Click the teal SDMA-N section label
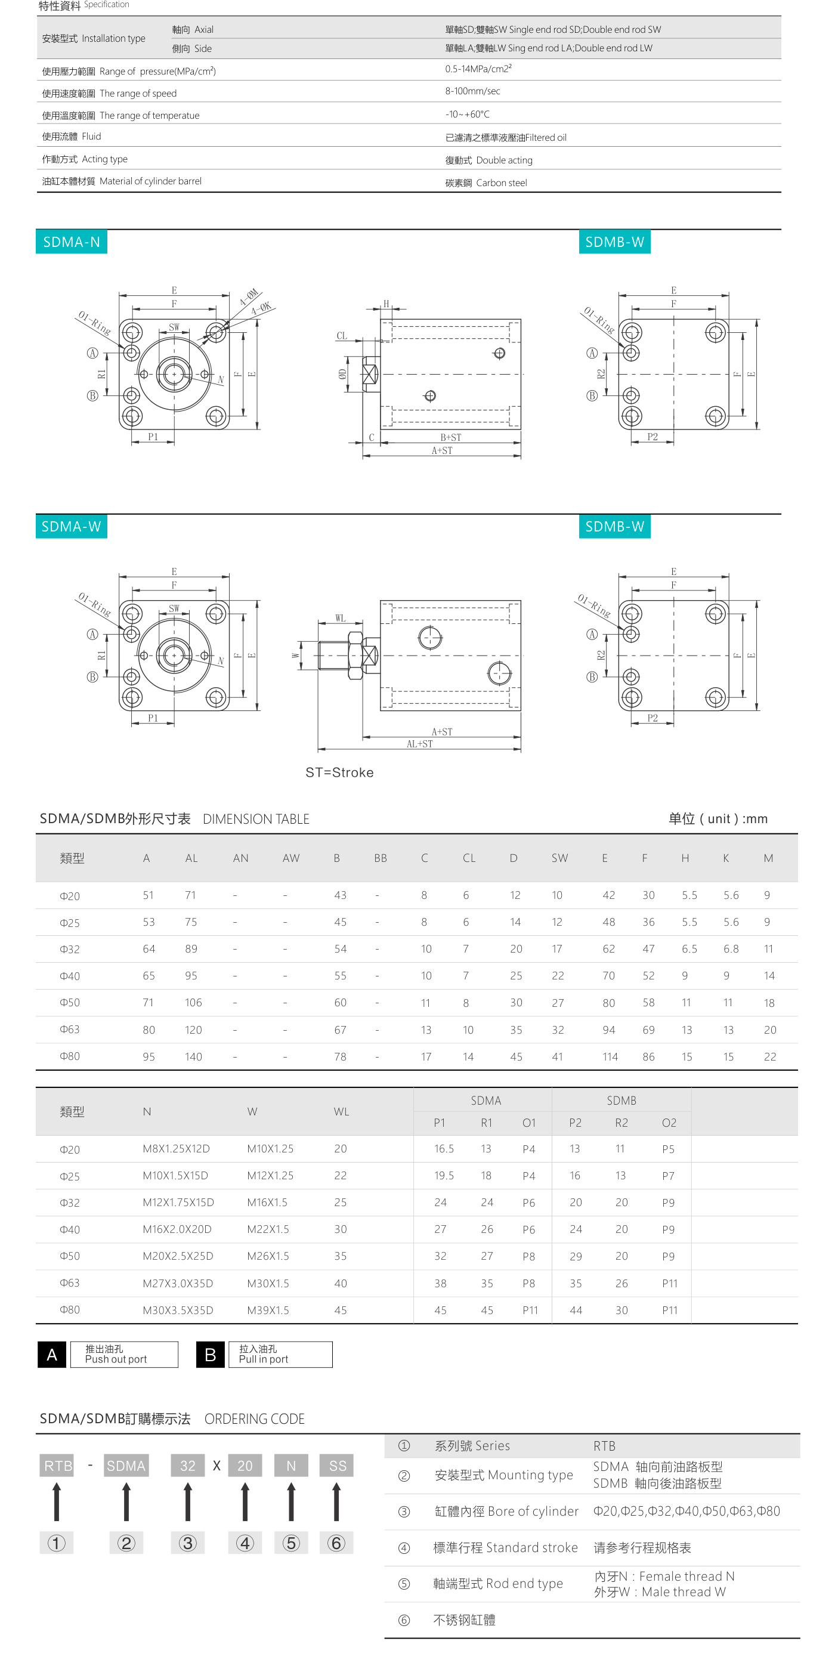[71, 242]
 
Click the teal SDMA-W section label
[71, 527]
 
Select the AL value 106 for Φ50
[193, 1003]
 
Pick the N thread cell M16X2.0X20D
[177, 1229]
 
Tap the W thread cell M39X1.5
[268, 1310]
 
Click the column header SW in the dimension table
[559, 858]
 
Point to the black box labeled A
[52, 1354]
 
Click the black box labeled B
[210, 1354]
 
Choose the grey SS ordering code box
[337, 1466]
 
